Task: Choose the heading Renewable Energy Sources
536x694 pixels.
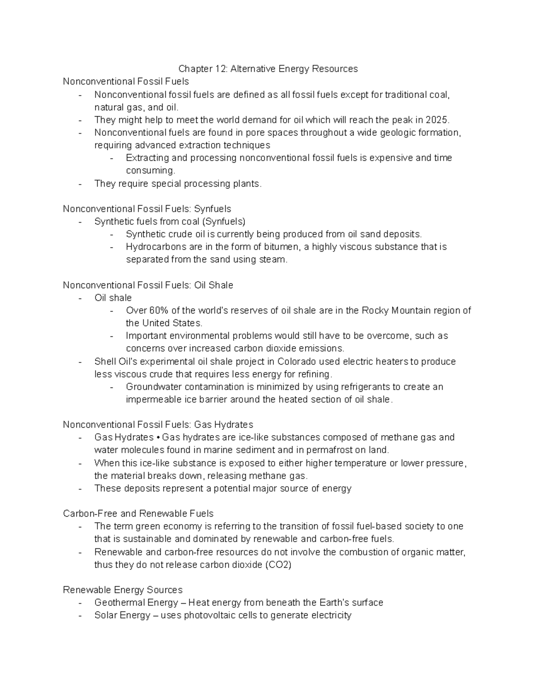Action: tap(123, 590)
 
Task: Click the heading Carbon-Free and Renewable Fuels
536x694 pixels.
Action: tap(138, 513)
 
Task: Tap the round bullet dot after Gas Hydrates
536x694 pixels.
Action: tap(158, 437)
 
